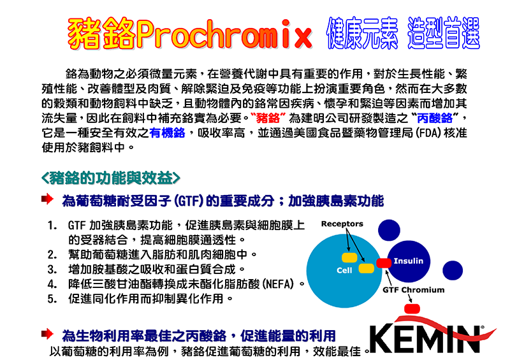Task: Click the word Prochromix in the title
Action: [x=224, y=34]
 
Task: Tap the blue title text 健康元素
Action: [x=362, y=33]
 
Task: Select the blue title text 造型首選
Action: [x=444, y=33]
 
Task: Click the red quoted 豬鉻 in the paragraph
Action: [x=268, y=118]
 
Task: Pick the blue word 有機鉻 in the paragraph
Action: [x=167, y=133]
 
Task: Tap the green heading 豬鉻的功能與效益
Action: [x=110, y=178]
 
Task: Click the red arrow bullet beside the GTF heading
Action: [x=47, y=199]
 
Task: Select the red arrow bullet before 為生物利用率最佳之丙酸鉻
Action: [x=47, y=334]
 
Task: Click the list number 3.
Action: [x=52, y=270]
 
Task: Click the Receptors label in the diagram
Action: [x=342, y=224]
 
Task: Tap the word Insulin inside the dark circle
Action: [x=409, y=261]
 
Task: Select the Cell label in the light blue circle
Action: [x=344, y=270]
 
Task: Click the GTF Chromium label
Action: [x=413, y=290]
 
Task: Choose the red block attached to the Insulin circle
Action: [x=384, y=263]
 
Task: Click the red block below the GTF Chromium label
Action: [x=412, y=308]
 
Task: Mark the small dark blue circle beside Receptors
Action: [x=389, y=230]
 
